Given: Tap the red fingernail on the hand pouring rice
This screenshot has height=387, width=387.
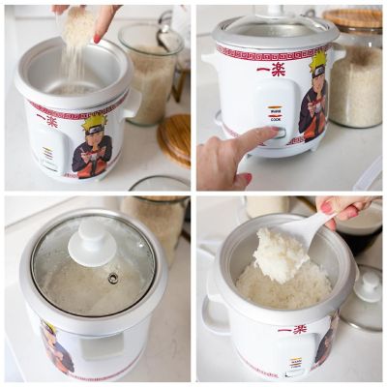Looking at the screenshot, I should (x=97, y=39).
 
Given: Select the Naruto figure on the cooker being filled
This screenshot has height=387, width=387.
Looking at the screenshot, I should (x=93, y=145).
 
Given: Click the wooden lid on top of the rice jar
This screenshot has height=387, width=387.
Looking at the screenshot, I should (x=352, y=18).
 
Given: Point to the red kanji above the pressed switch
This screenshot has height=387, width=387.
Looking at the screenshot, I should (x=271, y=69).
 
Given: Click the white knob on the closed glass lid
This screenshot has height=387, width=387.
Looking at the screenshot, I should (x=93, y=241).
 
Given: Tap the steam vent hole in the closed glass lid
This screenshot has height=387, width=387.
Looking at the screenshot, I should (x=113, y=278).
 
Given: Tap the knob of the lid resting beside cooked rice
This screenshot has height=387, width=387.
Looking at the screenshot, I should (x=367, y=282).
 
